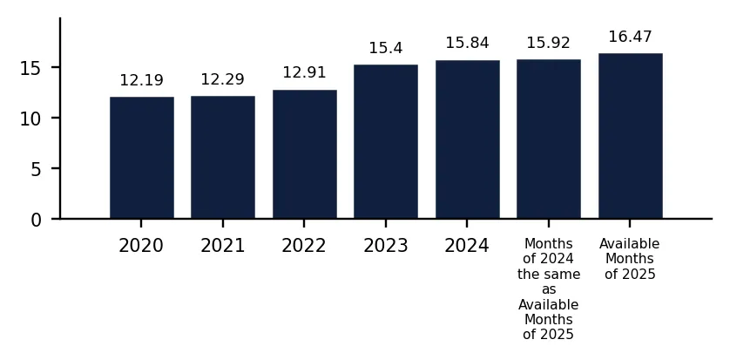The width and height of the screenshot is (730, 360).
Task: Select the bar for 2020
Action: (141, 158)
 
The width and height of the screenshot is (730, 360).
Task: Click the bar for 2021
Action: (222, 157)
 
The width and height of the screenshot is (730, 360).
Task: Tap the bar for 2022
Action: (305, 154)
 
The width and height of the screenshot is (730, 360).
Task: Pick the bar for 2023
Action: (386, 141)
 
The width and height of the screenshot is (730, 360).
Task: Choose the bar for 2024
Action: (468, 139)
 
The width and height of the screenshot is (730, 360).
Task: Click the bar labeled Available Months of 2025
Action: (631, 136)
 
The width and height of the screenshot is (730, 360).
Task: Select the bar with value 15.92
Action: (549, 139)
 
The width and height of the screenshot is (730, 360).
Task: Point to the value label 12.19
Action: (141, 80)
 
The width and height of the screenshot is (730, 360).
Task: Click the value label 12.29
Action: (222, 79)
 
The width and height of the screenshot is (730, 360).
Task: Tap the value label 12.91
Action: (305, 72)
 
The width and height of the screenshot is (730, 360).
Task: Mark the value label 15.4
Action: (386, 48)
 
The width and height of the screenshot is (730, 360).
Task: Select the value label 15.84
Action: (468, 43)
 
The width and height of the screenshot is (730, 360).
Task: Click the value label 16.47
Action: (631, 37)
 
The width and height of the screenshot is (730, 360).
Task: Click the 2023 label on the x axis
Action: (386, 246)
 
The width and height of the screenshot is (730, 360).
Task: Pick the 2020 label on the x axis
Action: (141, 246)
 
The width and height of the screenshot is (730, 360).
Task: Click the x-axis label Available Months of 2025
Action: (631, 259)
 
